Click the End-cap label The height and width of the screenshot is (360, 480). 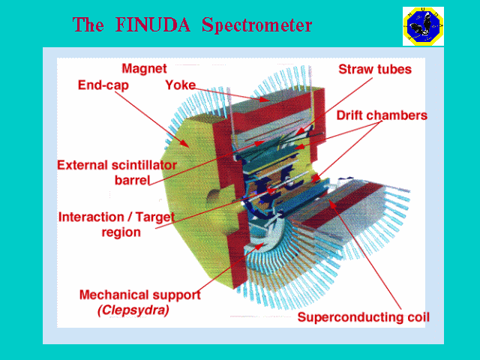coord(103,85)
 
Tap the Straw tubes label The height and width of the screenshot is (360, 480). coord(375,70)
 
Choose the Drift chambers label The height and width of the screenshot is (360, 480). coord(382,115)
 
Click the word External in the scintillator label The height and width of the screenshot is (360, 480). coord(88,165)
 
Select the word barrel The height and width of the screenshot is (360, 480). coord(133,181)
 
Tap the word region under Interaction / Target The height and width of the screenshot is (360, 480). coord(121,232)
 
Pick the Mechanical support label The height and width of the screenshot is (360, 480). coord(139,295)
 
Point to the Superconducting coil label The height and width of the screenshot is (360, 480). coord(363,317)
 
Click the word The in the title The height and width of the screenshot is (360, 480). coord(88,25)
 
